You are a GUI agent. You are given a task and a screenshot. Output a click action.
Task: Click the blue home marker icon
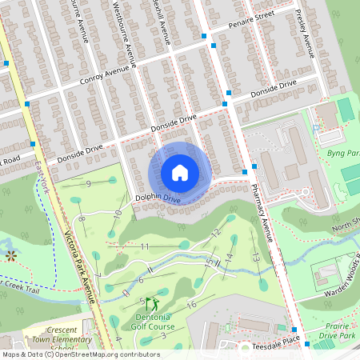click(x=180, y=172)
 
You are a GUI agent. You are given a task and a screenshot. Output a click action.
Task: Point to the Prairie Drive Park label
click(x=335, y=330)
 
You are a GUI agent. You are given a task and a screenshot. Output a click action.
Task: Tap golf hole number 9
click(x=88, y=184)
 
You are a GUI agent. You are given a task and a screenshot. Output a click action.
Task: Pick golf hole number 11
click(x=145, y=247)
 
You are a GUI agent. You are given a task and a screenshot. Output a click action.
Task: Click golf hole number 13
click(x=255, y=256)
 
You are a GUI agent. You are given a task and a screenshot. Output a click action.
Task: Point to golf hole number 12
click(x=215, y=233)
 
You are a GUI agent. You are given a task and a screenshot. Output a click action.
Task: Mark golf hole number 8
click(x=82, y=219)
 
